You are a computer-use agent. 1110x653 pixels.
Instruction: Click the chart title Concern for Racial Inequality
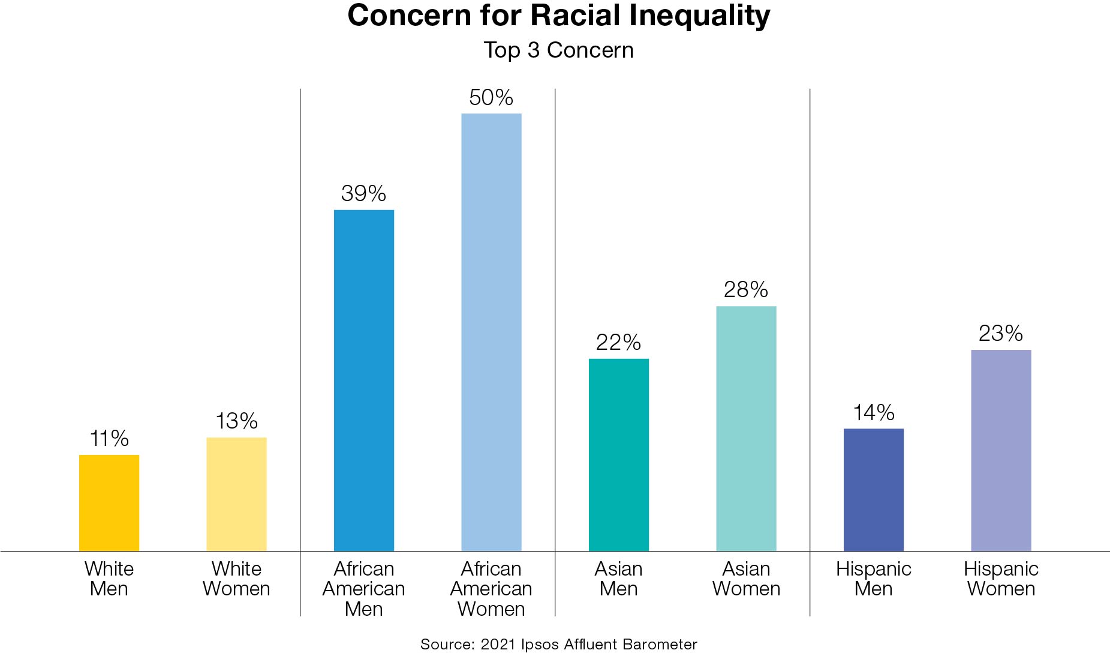click(x=558, y=16)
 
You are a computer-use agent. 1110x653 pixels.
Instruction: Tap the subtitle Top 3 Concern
click(x=558, y=50)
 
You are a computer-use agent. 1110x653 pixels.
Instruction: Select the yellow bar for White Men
click(x=109, y=503)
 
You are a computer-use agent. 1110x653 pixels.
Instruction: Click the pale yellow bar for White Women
click(x=236, y=494)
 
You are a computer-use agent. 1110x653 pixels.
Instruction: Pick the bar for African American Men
click(x=364, y=381)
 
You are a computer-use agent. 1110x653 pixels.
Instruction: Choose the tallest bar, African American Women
click(x=491, y=332)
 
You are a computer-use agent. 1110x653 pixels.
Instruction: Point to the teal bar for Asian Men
click(x=619, y=455)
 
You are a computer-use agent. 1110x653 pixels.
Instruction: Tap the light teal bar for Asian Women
click(x=746, y=429)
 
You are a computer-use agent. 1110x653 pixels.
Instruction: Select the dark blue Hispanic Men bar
click(x=874, y=490)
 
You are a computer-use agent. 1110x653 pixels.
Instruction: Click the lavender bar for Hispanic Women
click(x=1001, y=450)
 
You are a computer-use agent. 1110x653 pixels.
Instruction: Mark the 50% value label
click(x=491, y=97)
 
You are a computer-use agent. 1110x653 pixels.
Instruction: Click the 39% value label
click(x=363, y=193)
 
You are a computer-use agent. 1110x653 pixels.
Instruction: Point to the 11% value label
click(x=109, y=439)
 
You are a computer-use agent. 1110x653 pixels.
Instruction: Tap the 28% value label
click(x=746, y=290)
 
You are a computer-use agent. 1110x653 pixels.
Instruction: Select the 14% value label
click(x=874, y=412)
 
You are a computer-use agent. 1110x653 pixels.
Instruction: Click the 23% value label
click(x=1001, y=333)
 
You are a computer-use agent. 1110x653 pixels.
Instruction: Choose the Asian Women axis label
click(x=746, y=579)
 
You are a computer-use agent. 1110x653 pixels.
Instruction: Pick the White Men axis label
click(x=109, y=579)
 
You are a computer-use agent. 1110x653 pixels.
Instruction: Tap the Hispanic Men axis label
click(x=874, y=579)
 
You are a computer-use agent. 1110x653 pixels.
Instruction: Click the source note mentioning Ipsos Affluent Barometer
click(x=558, y=644)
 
